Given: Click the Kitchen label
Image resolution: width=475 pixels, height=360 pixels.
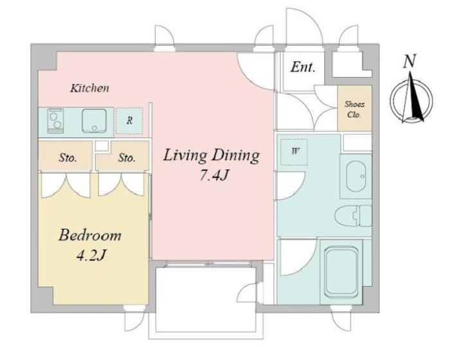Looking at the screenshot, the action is (x=90, y=88).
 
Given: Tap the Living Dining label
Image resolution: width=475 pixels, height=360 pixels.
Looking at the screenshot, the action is (x=211, y=155).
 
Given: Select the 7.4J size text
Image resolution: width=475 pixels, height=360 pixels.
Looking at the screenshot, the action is (x=213, y=175).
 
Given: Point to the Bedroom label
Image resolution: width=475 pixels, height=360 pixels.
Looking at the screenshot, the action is (x=90, y=235).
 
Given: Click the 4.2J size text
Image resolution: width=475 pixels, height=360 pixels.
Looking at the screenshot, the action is (x=91, y=255).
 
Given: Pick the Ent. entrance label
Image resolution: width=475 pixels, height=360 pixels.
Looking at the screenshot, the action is (x=303, y=67).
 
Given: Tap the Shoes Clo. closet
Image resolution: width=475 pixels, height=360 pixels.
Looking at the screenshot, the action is (x=355, y=109).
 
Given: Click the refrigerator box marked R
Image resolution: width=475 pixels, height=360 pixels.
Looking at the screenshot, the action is (x=129, y=121).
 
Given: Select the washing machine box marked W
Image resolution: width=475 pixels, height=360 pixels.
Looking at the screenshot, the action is (x=294, y=152).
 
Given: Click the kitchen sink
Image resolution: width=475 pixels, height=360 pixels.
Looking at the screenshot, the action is (x=94, y=121).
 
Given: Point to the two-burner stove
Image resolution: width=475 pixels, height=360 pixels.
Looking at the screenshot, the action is (x=55, y=121).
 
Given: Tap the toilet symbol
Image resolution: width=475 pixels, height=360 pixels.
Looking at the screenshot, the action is (x=354, y=215).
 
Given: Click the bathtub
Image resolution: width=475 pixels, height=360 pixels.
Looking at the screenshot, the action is (x=341, y=272).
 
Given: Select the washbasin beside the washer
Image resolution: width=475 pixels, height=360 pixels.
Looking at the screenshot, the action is (x=356, y=176).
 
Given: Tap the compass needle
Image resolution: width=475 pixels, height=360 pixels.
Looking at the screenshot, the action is (x=412, y=97).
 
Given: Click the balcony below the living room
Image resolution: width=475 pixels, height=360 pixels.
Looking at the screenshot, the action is (x=206, y=300).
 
